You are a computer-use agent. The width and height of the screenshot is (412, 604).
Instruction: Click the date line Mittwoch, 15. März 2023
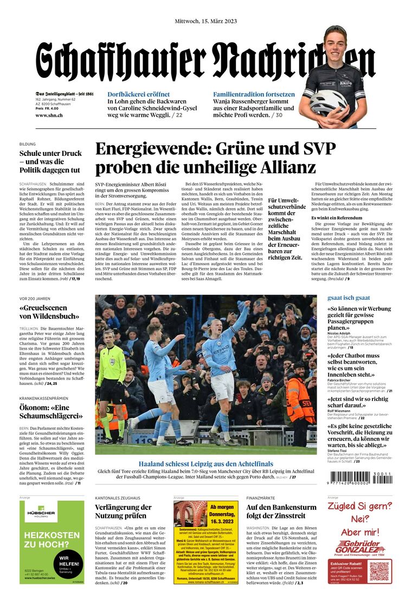pyautogui.click(x=205, y=21)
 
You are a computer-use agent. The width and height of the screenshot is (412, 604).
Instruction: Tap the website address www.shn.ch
pyautogui.click(x=49, y=115)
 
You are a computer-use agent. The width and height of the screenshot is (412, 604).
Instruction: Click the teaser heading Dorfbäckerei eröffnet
pyautogui.click(x=138, y=94)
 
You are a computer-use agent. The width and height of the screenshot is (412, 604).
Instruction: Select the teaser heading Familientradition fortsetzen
pyautogui.click(x=254, y=94)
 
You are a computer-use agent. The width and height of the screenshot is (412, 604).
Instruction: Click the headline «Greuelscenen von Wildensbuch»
pyautogui.click(x=50, y=312)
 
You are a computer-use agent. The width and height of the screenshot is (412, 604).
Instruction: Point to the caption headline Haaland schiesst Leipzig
pyautogui.click(x=205, y=464)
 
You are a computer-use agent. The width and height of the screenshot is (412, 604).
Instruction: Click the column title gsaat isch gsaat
pyautogui.click(x=349, y=298)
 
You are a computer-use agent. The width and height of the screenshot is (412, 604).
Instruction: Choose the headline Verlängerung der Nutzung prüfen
pyautogui.click(x=123, y=511)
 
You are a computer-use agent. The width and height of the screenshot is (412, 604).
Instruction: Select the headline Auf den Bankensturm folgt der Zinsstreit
pyautogui.click(x=281, y=511)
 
